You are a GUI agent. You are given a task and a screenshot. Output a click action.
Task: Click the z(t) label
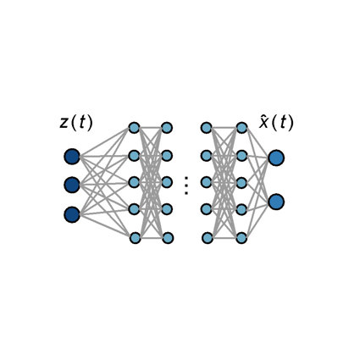coord(76,123)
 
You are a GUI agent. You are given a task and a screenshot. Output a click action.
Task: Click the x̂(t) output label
coord(276,123)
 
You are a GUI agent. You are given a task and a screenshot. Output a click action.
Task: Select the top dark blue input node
coord(72,157)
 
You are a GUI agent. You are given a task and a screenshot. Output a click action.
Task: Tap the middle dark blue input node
coord(72,185)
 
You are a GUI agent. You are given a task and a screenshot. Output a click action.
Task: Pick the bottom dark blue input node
coord(72,214)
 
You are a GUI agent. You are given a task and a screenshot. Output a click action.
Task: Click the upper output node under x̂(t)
coord(276,158)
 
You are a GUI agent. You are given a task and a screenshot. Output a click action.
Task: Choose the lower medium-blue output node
coord(276,202)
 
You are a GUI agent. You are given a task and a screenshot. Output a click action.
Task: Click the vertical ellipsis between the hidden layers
coord(186,186)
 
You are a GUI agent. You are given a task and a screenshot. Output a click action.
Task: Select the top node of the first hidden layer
coord(134,128)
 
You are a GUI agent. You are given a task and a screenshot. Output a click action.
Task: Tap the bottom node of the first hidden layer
coord(136,238)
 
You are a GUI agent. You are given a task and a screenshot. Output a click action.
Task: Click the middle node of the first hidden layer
coord(134,182)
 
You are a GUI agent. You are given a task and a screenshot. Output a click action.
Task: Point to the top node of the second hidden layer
coord(167,128)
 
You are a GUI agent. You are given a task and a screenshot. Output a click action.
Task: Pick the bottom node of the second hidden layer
coord(168,238)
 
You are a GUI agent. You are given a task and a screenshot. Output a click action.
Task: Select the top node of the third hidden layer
coord(207,128)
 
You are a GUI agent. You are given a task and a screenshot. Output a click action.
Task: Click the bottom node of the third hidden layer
coord(208,238)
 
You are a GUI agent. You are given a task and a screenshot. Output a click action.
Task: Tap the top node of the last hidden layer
coord(241,128)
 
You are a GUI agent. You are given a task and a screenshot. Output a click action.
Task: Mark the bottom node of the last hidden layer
coord(241,238)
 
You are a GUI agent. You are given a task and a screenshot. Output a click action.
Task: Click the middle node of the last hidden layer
coord(241,183)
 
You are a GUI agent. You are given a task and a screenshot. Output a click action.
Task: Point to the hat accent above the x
coord(264,116)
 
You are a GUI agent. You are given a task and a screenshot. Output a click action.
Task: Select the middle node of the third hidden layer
coord(207,182)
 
